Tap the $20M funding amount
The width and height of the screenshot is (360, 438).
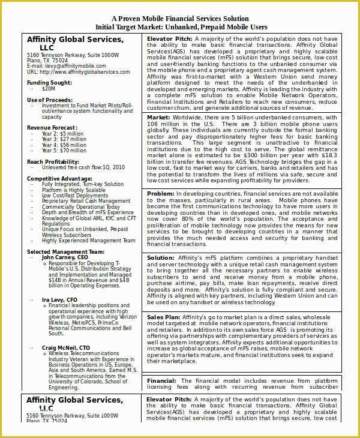(48, 88)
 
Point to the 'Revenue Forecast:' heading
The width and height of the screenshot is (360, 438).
(52, 127)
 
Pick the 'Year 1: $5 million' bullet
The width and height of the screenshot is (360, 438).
(64, 133)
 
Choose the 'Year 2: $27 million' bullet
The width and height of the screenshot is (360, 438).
(65, 139)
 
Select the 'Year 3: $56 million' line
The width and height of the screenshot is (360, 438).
(65, 145)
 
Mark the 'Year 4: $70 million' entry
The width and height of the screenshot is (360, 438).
(65, 151)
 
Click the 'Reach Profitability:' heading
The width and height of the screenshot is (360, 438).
(54, 161)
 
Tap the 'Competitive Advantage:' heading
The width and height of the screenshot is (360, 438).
(59, 178)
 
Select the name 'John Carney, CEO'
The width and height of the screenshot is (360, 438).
(64, 257)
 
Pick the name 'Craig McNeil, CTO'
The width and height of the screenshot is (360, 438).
(66, 347)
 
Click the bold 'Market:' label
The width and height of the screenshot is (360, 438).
(158, 117)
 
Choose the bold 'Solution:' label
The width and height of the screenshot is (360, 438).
(161, 257)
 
